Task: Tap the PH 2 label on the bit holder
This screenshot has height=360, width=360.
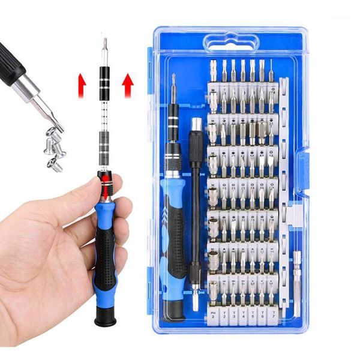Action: pyautogui.click(x=213, y=315)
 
